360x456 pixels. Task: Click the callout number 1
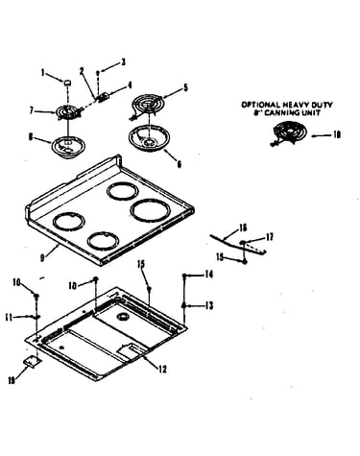click(x=43, y=73)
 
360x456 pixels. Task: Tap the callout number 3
click(x=123, y=62)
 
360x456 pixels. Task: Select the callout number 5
click(x=185, y=87)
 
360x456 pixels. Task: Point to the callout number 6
click(x=179, y=164)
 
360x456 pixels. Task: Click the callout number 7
click(x=32, y=110)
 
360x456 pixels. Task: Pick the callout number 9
click(x=42, y=258)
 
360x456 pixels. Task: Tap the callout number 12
click(x=162, y=370)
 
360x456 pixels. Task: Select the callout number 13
click(x=209, y=306)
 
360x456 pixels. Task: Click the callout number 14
click(x=209, y=275)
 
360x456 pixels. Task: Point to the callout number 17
click(x=270, y=237)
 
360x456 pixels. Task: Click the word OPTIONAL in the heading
click(x=260, y=105)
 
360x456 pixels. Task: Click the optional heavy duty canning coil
click(x=289, y=132)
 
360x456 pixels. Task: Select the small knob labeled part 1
click(x=67, y=83)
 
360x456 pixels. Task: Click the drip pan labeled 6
click(x=149, y=138)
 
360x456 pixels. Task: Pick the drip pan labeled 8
click(x=67, y=147)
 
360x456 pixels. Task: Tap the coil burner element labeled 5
click(x=148, y=107)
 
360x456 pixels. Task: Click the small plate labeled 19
click(x=33, y=362)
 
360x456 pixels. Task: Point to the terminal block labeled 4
click(x=103, y=96)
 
